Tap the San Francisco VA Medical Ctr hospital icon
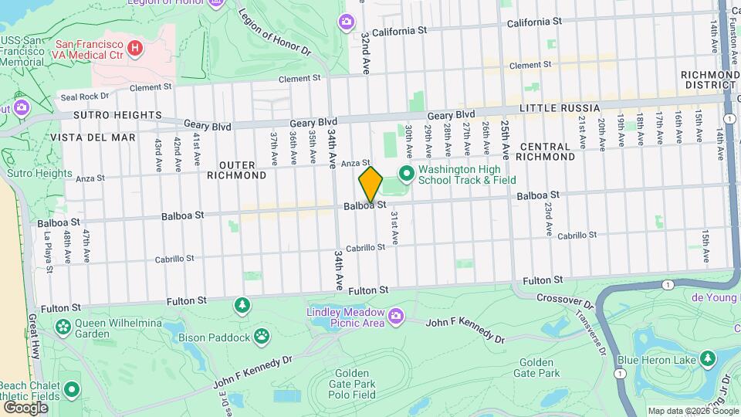point(135,49)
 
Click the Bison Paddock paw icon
point(263,336)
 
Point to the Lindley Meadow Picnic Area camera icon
point(397,315)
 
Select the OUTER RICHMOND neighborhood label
point(242,170)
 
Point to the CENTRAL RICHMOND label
point(545,151)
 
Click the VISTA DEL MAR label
point(93,137)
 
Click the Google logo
point(25,408)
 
